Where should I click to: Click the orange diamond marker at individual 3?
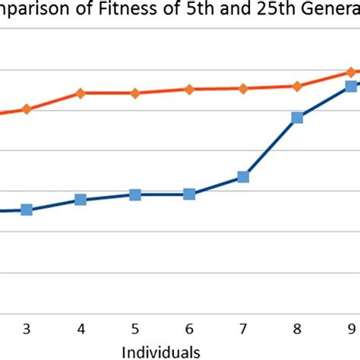[x=27, y=109]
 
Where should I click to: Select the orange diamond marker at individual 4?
[x=81, y=93]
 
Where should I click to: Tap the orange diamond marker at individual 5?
[x=135, y=93]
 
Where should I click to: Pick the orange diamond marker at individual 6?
[x=189, y=90]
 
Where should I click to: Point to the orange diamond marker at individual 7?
[x=243, y=89]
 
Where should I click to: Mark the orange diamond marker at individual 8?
[x=297, y=87]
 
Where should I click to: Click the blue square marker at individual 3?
[x=27, y=210]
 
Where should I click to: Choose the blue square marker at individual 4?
[x=81, y=200]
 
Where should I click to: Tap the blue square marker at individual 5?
[x=135, y=195]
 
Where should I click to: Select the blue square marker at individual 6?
[x=189, y=194]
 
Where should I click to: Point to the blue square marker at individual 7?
[x=243, y=177]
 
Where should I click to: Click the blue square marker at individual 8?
[x=297, y=118]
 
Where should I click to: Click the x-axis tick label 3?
[x=27, y=329]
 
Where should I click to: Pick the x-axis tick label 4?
[x=81, y=329]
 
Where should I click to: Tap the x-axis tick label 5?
[x=135, y=329]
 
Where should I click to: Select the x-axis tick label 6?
[x=189, y=329]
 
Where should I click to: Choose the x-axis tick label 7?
[x=243, y=329]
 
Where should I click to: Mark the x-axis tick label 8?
[x=297, y=329]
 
